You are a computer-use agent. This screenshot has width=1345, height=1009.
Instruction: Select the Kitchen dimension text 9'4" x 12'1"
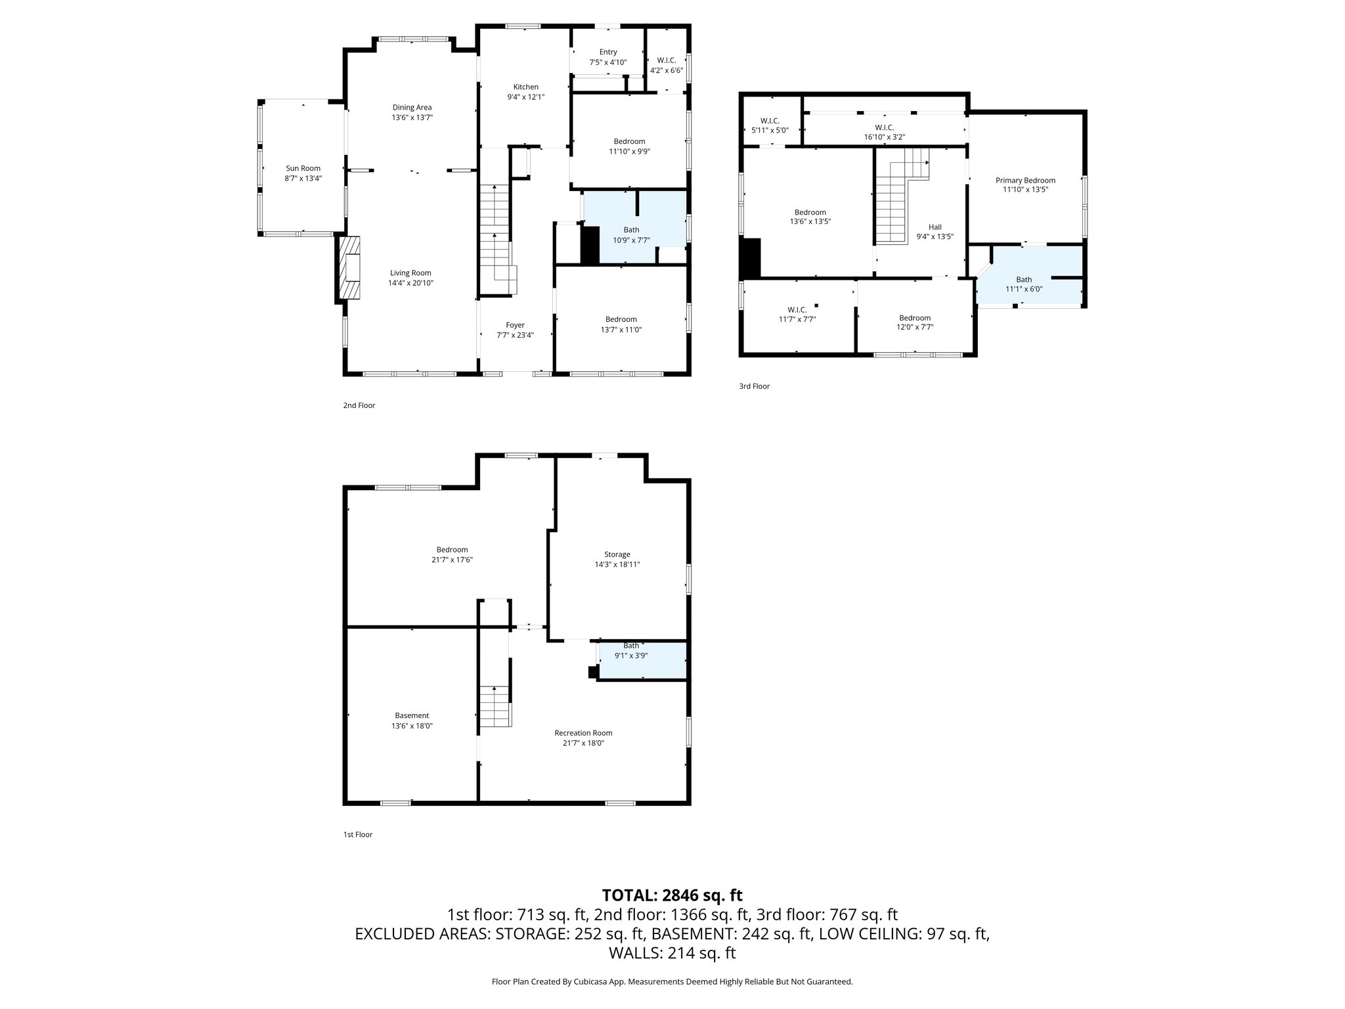(x=525, y=97)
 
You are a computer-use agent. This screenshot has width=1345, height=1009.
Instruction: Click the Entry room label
(x=608, y=53)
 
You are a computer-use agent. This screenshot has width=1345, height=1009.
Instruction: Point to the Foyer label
(x=515, y=325)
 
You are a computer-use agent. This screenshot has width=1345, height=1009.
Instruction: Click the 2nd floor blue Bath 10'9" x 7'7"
(x=631, y=235)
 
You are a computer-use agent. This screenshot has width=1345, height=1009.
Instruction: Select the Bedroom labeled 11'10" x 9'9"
(x=629, y=146)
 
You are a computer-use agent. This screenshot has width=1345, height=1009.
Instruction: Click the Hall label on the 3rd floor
(x=935, y=227)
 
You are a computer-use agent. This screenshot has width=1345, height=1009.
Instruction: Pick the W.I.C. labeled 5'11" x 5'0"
(x=770, y=125)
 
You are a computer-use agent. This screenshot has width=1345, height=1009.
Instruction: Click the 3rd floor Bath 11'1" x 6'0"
(x=1024, y=284)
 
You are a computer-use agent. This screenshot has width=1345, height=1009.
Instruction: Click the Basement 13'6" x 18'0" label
(x=412, y=721)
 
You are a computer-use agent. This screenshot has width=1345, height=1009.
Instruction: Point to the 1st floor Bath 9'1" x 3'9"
(x=631, y=650)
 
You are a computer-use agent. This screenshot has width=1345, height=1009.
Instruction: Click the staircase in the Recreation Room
(x=495, y=706)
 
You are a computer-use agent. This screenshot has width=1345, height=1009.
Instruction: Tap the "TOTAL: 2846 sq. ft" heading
(x=672, y=895)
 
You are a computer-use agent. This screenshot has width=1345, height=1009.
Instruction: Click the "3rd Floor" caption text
(x=754, y=386)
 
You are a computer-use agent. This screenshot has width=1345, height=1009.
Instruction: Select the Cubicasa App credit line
(x=672, y=982)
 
